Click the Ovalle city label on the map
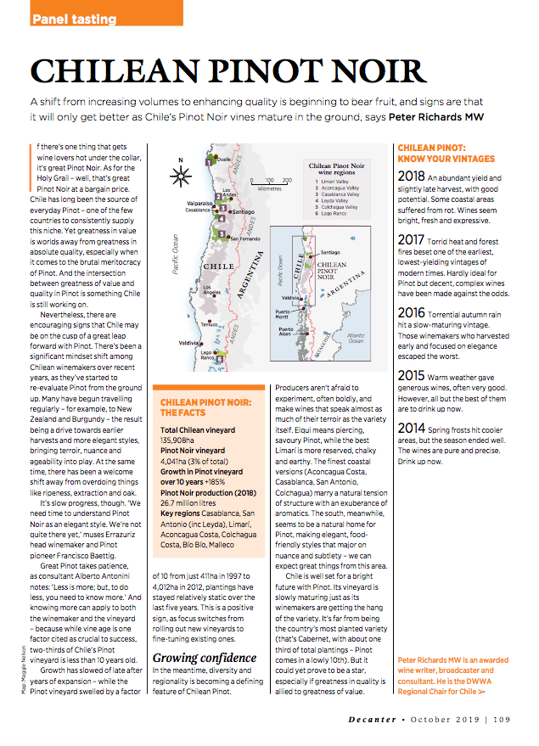click(223, 159)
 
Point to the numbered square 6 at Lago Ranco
click(220, 359)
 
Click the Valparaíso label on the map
click(199, 204)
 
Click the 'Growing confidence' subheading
click(204, 658)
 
